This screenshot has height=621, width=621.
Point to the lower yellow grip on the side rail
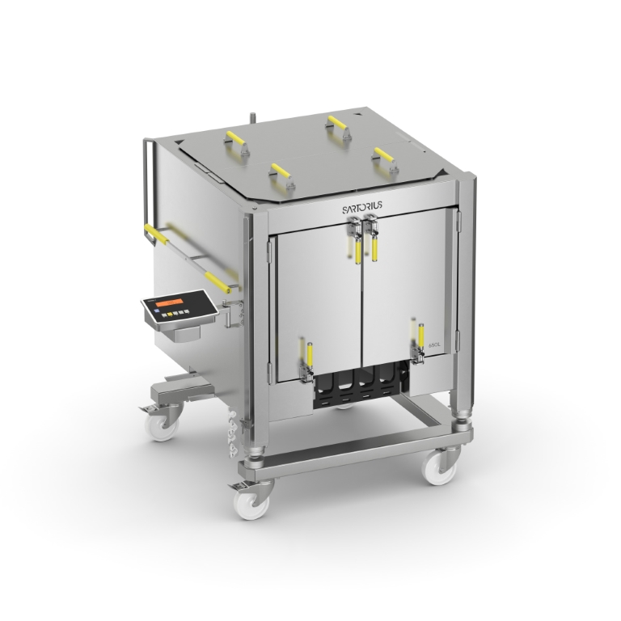(x=218, y=281)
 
